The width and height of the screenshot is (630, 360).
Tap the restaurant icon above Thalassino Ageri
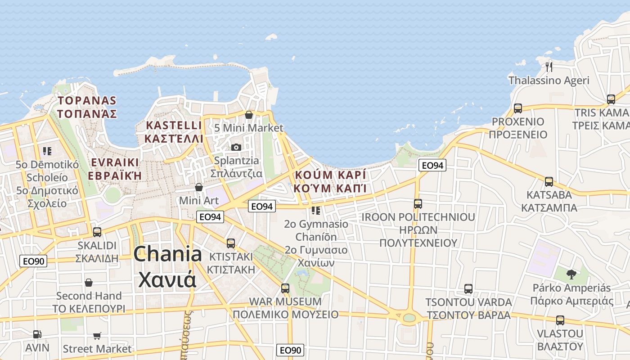tap(549, 67)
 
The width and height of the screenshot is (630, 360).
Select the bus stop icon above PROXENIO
tap(518, 108)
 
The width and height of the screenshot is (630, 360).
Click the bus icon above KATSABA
tap(549, 182)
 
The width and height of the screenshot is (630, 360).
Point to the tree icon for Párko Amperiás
tap(571, 274)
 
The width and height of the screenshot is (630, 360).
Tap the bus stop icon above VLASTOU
tap(560, 320)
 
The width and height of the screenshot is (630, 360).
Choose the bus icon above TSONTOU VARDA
tap(468, 288)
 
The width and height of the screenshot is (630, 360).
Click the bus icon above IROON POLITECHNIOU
tap(418, 204)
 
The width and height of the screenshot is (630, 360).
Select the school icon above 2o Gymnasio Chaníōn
tap(316, 210)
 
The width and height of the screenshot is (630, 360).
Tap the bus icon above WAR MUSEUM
tap(285, 288)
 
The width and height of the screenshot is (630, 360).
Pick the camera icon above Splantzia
tap(236, 147)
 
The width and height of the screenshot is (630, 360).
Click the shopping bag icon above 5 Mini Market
tap(248, 115)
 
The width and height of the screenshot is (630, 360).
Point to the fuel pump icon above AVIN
tap(37, 334)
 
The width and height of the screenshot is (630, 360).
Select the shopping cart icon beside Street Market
tap(97, 336)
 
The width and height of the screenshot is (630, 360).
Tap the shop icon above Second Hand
tap(89, 283)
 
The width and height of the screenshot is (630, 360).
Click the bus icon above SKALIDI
tap(97, 232)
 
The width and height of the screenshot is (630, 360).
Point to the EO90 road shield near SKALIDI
tap(33, 261)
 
